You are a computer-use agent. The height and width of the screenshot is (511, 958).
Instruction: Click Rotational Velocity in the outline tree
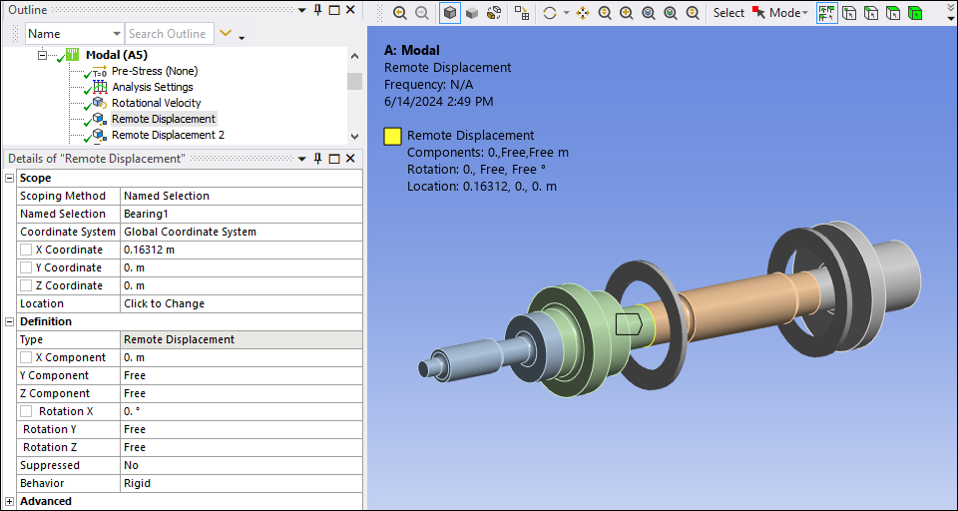click(x=156, y=103)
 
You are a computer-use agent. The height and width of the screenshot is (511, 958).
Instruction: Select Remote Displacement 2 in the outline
click(x=167, y=135)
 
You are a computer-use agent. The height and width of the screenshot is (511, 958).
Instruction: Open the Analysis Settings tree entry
click(x=152, y=87)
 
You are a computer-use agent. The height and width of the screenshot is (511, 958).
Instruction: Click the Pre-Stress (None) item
click(x=154, y=71)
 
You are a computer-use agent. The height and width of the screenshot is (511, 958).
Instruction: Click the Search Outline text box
click(x=167, y=34)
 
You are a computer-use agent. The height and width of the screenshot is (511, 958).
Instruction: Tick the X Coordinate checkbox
click(x=26, y=250)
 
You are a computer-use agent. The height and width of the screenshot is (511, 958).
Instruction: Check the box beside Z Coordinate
click(x=26, y=285)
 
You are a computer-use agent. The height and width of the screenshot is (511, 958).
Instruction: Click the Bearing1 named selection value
click(x=146, y=214)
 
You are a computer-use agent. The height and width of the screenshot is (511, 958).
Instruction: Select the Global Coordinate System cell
click(x=190, y=232)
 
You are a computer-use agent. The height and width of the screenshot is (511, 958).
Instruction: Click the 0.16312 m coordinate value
click(x=149, y=250)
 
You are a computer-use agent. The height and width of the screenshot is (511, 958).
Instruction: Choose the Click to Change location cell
click(x=164, y=303)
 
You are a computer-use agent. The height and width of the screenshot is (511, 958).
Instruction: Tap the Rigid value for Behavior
click(x=137, y=483)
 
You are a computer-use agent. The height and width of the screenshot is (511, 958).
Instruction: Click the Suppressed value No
click(x=131, y=465)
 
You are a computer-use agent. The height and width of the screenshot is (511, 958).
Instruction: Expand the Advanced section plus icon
click(x=10, y=501)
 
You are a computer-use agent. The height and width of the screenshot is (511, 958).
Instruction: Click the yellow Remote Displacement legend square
click(x=393, y=136)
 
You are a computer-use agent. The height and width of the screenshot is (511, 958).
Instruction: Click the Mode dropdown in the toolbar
click(x=787, y=13)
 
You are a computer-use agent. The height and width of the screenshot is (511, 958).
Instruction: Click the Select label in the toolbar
click(x=728, y=13)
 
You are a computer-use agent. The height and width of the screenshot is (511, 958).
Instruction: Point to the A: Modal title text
click(x=411, y=50)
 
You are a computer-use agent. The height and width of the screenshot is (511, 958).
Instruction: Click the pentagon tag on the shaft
click(x=629, y=323)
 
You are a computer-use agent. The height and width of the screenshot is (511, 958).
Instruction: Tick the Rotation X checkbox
click(x=28, y=411)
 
